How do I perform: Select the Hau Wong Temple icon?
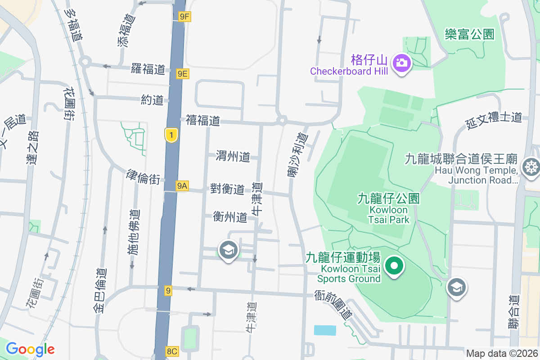pos(531,166)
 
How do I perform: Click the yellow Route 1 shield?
pos(171,135)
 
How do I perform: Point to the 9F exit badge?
pos(184,17)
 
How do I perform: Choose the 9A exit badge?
pos(182,185)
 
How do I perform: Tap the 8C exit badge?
pos(172,351)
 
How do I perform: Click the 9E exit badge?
pos(182,74)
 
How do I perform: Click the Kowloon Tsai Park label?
pos(388,209)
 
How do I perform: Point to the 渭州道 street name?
pos(233,156)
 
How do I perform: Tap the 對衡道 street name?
pos(227,189)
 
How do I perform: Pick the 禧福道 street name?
pos(202,120)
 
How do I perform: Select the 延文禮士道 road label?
pos(494,120)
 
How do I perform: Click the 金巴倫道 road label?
pos(101,290)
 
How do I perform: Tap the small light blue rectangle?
pos(325,330)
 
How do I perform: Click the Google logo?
pos(30,349)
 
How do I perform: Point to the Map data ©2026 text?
pos(502,353)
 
